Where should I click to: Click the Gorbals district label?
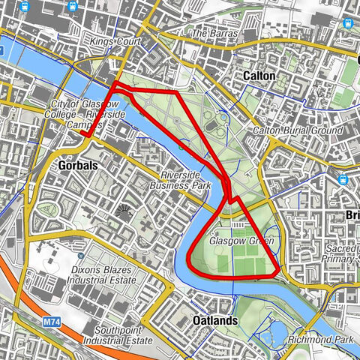pyautogui.click(x=78, y=166)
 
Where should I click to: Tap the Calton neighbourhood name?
pyautogui.click(x=259, y=76)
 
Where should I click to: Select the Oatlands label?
pyautogui.click(x=215, y=320)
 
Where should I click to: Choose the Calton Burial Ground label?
pyautogui.click(x=297, y=130)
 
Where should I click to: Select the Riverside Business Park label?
pyautogui.click(x=181, y=179)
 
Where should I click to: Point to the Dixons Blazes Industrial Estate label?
pyautogui.click(x=103, y=274)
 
